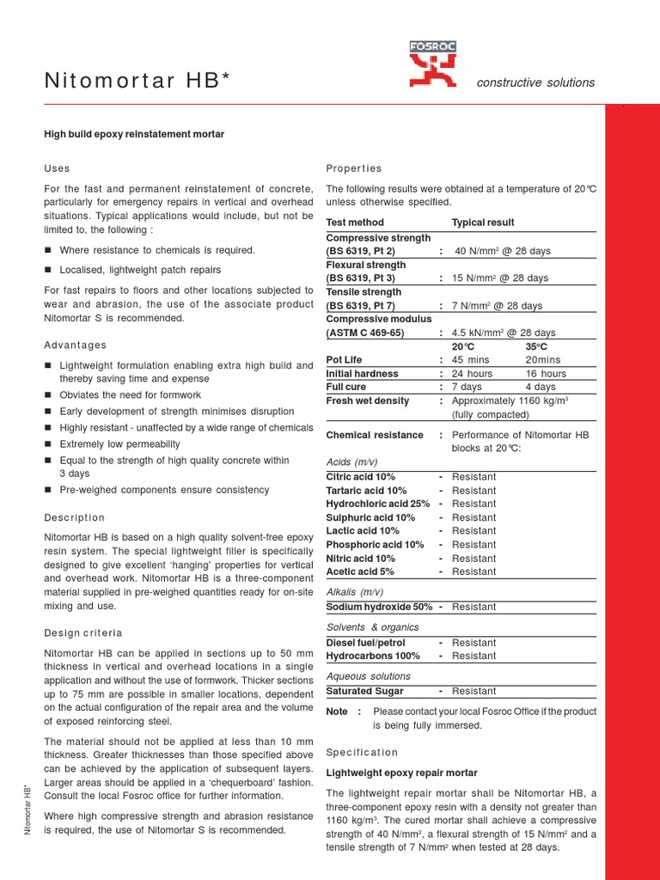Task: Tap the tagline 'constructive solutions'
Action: pyautogui.click(x=535, y=82)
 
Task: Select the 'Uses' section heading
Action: pyautogui.click(x=57, y=168)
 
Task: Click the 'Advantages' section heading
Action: pyautogui.click(x=76, y=345)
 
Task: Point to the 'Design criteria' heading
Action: pyautogui.click(x=83, y=632)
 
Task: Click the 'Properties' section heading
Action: pyautogui.click(x=354, y=168)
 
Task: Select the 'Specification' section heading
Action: pyautogui.click(x=363, y=752)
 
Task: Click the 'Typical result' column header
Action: pyautogui.click(x=483, y=223)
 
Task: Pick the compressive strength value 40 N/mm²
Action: pyautogui.click(x=503, y=251)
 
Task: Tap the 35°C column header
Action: pyautogui.click(x=536, y=346)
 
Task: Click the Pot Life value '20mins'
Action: pyautogui.click(x=542, y=360)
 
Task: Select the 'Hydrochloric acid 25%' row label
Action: pyautogui.click(x=378, y=504)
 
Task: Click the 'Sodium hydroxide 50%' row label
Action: pyautogui.click(x=379, y=607)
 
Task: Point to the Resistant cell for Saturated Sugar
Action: pyautogui.click(x=474, y=691)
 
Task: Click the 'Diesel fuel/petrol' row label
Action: pyautogui.click(x=366, y=643)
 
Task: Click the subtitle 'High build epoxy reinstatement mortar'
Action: pyautogui.click(x=134, y=134)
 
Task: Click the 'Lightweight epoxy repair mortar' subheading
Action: pyautogui.click(x=401, y=773)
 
